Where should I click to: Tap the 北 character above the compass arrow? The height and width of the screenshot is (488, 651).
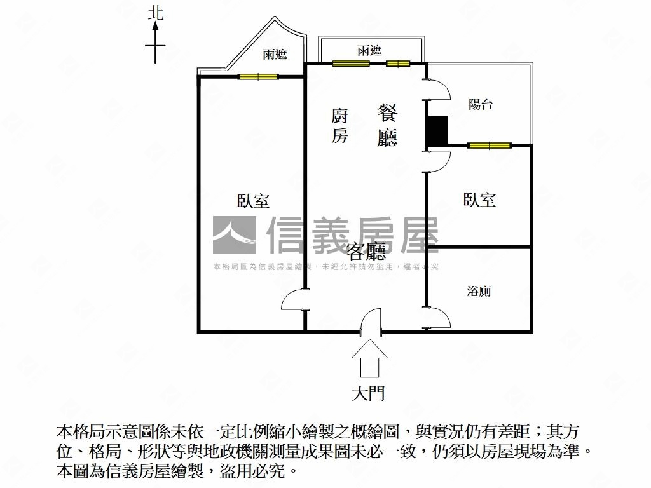[x=156, y=13]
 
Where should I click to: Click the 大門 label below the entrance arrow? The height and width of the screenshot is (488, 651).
[x=368, y=393]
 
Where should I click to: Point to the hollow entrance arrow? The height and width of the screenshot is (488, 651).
[x=369, y=358]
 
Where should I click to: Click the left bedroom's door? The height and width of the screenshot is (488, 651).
[x=294, y=300]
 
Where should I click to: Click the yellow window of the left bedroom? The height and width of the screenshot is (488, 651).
[x=258, y=76]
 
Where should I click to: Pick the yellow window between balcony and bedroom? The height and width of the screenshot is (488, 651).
[x=489, y=146]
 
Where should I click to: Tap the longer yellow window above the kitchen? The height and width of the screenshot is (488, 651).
[x=351, y=64]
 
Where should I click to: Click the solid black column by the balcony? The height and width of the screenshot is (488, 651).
[x=437, y=131]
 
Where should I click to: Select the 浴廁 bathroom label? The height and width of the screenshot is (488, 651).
[x=479, y=291]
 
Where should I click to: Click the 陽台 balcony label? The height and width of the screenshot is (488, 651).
[x=481, y=104]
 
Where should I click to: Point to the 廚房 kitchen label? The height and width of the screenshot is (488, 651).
[x=339, y=126]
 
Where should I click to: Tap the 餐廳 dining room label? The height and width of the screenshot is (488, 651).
[x=387, y=125]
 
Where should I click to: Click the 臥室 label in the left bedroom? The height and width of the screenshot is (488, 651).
[x=253, y=201]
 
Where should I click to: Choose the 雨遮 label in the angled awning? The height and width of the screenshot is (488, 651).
[x=275, y=55]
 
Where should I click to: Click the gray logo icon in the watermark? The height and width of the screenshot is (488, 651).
[x=234, y=235]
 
